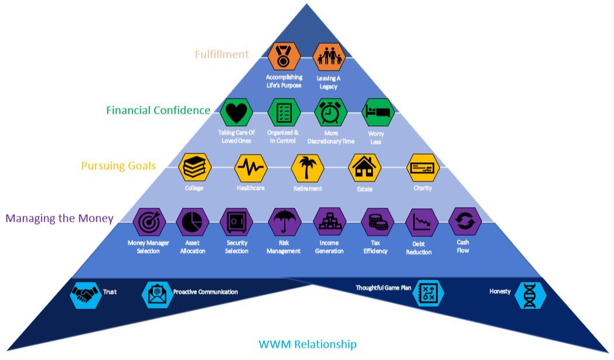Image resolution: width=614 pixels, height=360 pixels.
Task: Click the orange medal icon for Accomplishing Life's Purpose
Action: click(x=284, y=56)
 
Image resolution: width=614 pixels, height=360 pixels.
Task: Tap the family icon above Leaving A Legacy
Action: click(x=329, y=56)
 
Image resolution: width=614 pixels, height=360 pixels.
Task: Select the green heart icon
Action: click(x=236, y=111)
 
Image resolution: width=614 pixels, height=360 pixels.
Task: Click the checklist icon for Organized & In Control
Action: click(x=284, y=111)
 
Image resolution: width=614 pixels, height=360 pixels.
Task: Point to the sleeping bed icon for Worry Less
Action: click(x=376, y=111)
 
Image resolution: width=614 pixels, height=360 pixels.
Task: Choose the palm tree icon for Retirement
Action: click(x=307, y=167)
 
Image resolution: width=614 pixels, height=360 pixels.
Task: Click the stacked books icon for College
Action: click(x=193, y=167)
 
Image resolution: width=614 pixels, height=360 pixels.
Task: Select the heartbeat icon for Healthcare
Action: click(x=250, y=167)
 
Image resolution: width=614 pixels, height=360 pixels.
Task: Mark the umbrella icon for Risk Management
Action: click(x=284, y=222)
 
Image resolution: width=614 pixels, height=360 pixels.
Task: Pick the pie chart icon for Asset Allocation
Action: click(x=192, y=222)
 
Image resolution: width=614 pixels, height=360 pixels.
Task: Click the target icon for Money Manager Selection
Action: click(x=149, y=222)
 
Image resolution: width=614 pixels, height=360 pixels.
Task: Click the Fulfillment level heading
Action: click(x=221, y=54)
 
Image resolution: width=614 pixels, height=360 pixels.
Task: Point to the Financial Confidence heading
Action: click(x=158, y=110)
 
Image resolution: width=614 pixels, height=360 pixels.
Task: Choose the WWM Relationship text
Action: click(x=307, y=344)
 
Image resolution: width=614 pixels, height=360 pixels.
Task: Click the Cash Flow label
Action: click(x=463, y=246)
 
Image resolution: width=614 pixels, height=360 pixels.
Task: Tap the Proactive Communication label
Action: click(x=205, y=292)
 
